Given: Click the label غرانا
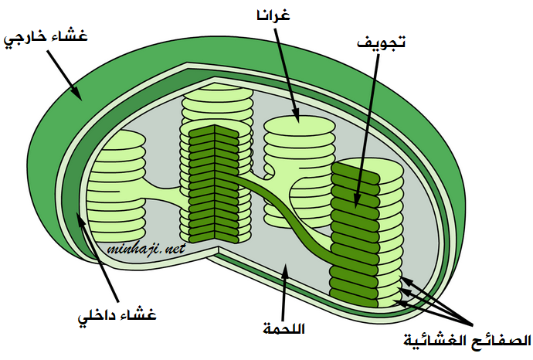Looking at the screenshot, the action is click(273, 16).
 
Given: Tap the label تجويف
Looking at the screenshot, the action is click(382, 42).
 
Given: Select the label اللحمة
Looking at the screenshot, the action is click(283, 328).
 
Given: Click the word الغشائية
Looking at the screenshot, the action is click(437, 341).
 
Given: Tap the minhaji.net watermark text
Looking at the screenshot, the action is click(146, 249).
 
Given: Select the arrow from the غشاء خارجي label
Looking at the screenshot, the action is click(64, 76).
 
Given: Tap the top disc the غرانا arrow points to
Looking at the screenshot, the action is click(300, 125).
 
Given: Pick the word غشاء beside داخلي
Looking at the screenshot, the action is click(137, 314).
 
